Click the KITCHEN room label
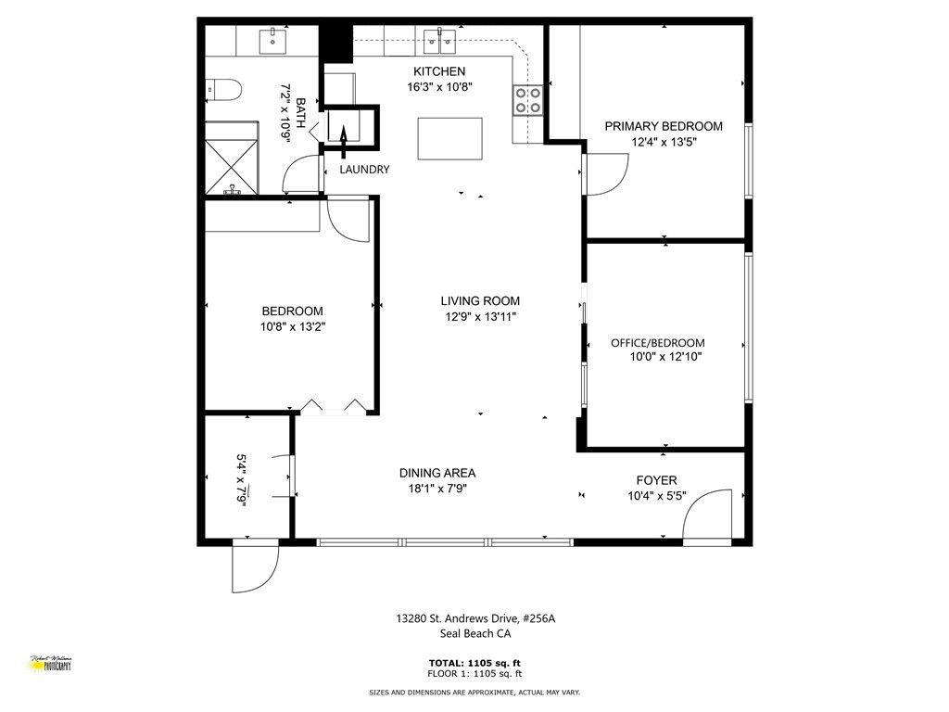click(439, 71)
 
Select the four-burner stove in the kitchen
click(528, 99)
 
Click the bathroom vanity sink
click(272, 39)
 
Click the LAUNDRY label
click(364, 170)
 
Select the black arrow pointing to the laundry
click(342, 136)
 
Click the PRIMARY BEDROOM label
click(664, 126)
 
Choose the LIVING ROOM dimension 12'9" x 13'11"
click(480, 317)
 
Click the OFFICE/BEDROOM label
click(657, 342)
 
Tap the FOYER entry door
click(712, 513)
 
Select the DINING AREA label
click(437, 473)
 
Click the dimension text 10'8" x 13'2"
click(293, 326)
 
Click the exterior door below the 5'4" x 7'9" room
click(255, 566)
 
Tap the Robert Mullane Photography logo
click(50, 664)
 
